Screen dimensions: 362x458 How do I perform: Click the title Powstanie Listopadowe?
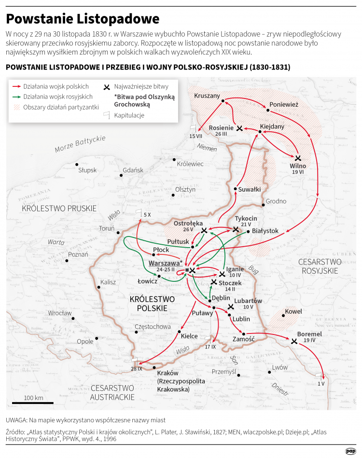coord(83,19)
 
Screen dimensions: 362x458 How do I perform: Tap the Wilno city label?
coord(298,166)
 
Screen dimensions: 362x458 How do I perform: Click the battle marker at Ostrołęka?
coord(204,231)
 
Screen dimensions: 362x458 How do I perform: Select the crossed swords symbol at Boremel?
coord(294,341)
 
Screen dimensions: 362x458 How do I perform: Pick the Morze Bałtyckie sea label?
coord(80,143)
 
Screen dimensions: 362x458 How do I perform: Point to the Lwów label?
coord(280,367)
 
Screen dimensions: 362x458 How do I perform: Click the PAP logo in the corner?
coord(351,451)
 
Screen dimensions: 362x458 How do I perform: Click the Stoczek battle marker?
coord(214,282)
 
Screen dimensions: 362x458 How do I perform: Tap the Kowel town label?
coord(293,311)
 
